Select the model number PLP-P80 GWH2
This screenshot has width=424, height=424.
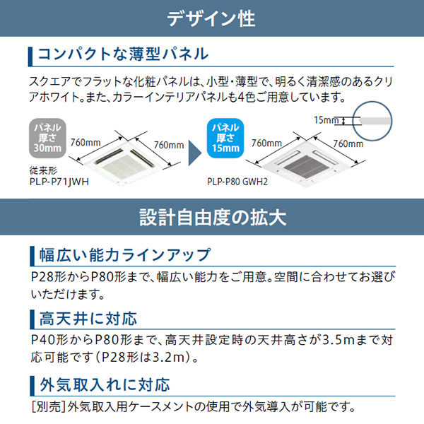(245, 181)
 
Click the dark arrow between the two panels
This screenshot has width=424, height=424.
(190, 150)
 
